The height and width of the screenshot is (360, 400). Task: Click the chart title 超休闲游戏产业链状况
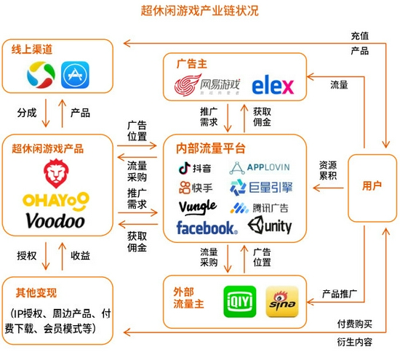200,11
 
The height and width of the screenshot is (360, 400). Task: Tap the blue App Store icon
75,75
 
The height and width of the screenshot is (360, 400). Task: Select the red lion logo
56,174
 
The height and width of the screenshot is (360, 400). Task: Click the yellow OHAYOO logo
56,201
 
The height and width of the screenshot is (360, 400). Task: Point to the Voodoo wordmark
55,220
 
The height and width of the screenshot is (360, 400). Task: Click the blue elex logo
273,85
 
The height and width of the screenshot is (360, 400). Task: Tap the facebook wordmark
207,228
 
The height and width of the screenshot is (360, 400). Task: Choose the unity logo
270,225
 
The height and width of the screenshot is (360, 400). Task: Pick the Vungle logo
198,207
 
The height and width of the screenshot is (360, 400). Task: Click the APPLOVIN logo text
268,167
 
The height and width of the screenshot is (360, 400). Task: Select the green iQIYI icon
240,302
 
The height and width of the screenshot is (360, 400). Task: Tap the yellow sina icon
282,302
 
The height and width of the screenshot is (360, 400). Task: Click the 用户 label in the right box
372,185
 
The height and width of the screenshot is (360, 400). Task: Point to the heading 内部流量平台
211,148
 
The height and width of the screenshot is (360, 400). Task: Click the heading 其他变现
36,292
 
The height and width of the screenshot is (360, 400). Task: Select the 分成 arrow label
27,113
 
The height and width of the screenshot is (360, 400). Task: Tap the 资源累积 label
328,170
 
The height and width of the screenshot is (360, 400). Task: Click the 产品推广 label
340,294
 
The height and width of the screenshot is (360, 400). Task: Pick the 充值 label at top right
360,36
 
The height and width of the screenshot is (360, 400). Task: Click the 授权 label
27,255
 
